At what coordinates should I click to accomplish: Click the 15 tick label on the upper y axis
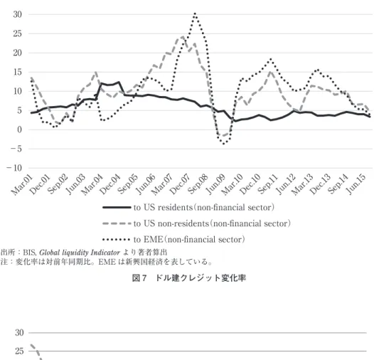point(17,72)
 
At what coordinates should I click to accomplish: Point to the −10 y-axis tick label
point(14,168)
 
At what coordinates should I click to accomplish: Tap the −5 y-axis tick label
point(16,149)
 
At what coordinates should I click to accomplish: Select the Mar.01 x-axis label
point(21,184)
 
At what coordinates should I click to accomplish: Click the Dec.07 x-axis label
point(180,184)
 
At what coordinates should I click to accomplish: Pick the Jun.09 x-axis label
point(215,184)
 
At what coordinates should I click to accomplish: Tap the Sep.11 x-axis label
point(268,184)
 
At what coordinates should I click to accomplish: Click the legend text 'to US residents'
point(163,207)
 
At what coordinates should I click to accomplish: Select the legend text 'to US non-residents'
point(171,223)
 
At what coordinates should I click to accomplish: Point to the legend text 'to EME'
point(149,240)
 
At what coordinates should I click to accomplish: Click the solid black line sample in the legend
point(117,207)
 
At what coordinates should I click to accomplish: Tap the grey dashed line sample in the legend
point(117,223)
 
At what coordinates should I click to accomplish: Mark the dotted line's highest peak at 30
point(195,14)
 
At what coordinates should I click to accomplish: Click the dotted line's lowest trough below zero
point(223,144)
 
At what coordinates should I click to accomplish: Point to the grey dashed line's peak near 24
point(183,37)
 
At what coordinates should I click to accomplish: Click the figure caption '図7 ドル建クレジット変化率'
point(189,278)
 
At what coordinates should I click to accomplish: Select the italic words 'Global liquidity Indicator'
point(80,253)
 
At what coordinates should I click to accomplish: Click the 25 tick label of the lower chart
point(20,351)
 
